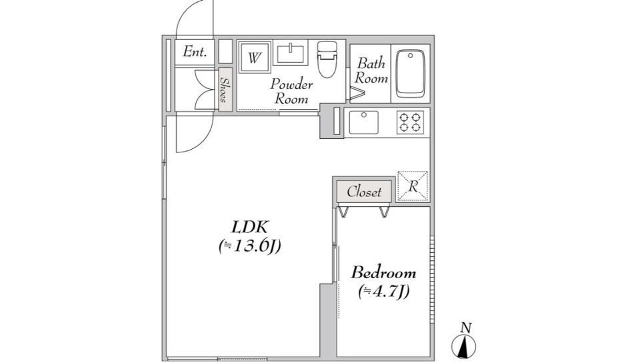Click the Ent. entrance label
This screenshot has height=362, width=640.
pos(195,52)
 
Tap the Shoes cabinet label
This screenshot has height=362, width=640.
pos(225,90)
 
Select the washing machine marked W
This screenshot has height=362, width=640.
pos(254,57)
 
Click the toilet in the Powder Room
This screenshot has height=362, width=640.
pos(327,59)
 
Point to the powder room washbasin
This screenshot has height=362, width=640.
pos(291,54)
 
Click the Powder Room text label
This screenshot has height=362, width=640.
pos(291,91)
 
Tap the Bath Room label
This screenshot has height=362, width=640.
pos(371,71)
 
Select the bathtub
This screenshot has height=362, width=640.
pos(411,73)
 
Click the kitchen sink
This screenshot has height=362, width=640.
pos(364,122)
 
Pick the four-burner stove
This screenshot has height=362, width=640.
pos(410,122)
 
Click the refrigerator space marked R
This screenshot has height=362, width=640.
pos(413,186)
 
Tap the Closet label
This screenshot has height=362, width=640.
pos(364,192)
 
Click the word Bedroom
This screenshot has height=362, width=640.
pos(384,272)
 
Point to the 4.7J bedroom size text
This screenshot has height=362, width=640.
pos(384,291)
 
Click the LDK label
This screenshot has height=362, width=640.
pos(250,226)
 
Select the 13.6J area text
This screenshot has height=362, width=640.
pos(250,246)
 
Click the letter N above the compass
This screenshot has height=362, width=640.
pos(466,327)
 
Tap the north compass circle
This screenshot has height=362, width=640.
pos(464,347)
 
